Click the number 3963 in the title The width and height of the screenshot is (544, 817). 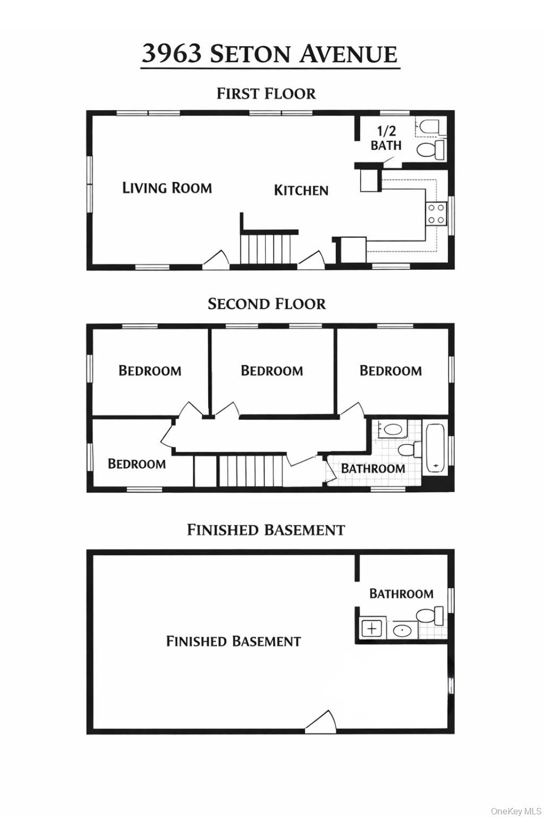tap(172, 53)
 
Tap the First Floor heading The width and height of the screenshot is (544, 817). tap(266, 94)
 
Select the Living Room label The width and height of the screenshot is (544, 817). tap(167, 188)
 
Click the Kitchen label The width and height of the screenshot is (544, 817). tap(301, 190)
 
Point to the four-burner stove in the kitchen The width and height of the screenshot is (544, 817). tap(436, 214)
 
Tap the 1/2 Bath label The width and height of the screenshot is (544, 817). tap(386, 138)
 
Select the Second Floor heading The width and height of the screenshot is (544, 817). tap(266, 304)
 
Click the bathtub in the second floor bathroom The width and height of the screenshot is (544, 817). tap(435, 448)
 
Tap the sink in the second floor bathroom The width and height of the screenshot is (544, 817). tap(393, 429)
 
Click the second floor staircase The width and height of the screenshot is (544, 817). tap(250, 471)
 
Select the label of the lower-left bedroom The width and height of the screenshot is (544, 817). tap(137, 464)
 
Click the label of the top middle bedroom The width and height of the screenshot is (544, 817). tap(272, 371)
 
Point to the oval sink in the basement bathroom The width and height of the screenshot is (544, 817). tap(402, 630)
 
